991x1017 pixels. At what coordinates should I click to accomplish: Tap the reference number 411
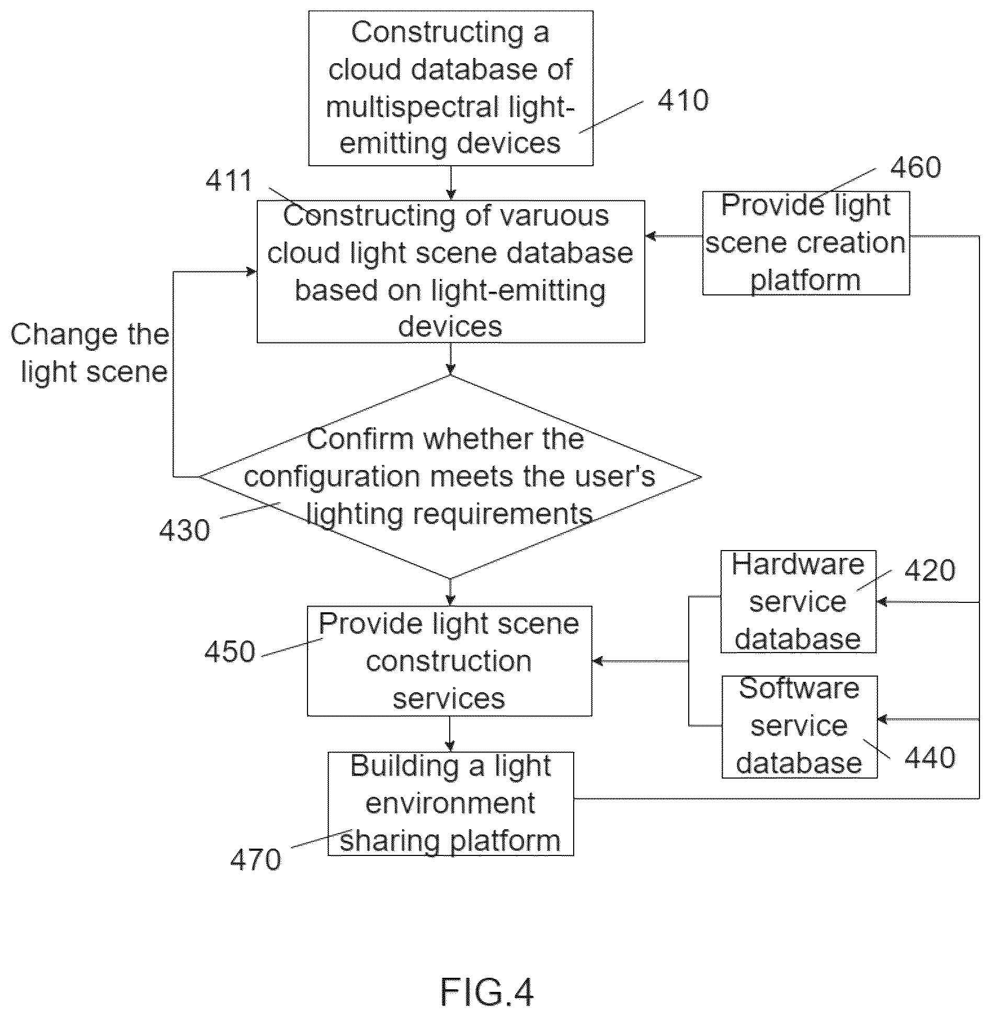[229, 181]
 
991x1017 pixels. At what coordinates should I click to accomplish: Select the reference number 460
[916, 167]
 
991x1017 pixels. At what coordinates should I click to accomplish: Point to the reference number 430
[185, 530]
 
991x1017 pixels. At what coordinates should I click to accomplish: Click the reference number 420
[930, 570]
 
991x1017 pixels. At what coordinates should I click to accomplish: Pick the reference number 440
[930, 757]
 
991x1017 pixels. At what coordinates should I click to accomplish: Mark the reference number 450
[230, 652]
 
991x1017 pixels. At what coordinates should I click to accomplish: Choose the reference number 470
[256, 860]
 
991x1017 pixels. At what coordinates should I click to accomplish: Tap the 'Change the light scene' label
[90, 353]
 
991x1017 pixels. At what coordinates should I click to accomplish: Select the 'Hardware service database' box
[798, 601]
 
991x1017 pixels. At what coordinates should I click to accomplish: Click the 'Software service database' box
[800, 727]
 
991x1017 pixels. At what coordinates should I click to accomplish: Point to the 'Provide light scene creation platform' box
[806, 243]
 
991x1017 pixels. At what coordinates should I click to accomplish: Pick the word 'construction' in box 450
[449, 661]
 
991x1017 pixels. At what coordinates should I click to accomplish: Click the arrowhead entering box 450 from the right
[598, 661]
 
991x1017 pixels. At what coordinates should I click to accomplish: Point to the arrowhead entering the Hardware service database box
[882, 602]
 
